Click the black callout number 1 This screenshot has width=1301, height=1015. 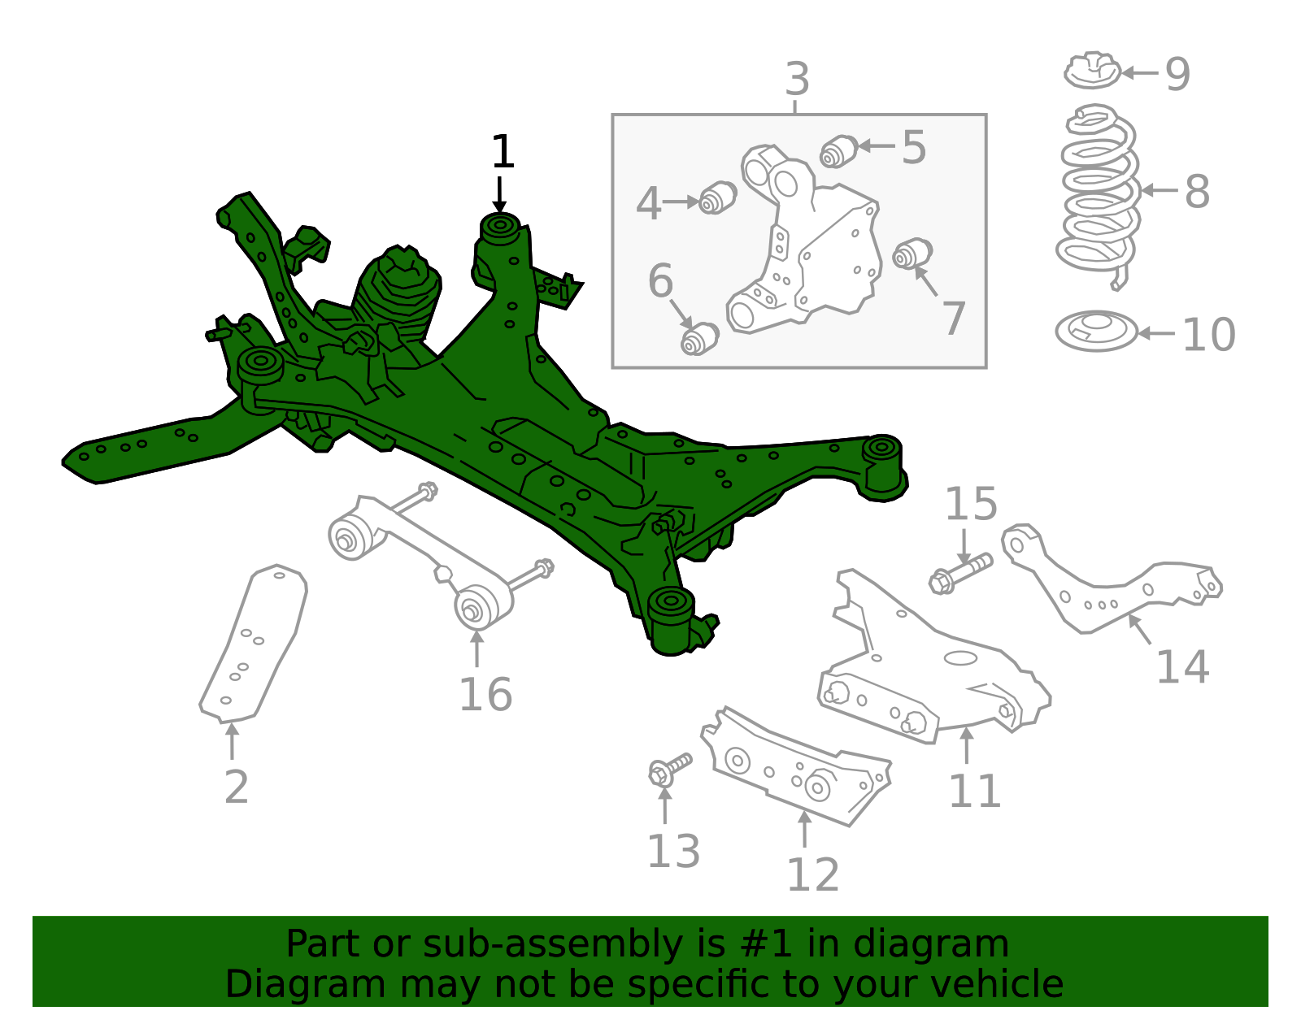pos(503,152)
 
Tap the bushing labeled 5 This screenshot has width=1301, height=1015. pos(838,151)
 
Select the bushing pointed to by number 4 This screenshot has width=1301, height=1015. pos(718,197)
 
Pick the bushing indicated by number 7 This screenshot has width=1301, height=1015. pos(912,254)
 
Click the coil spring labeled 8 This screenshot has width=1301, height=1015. pos(1098,195)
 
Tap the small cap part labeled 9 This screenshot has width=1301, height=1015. pos(1092,72)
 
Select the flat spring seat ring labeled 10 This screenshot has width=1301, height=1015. pos(1095,332)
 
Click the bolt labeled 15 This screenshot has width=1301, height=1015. pos(960,572)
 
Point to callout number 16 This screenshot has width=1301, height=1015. pos(485,695)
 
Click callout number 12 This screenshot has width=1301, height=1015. pos(812,874)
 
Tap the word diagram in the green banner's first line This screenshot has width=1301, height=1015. pos(948,944)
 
